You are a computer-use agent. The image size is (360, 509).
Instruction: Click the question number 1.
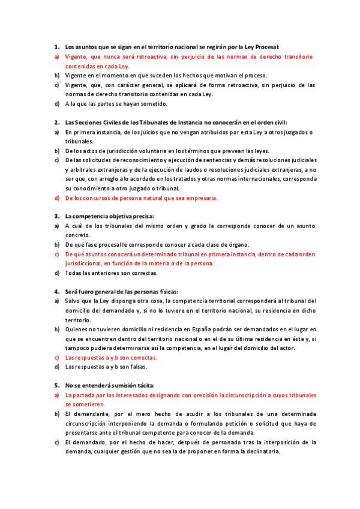coord(56,46)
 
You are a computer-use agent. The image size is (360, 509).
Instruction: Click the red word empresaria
coord(197,198)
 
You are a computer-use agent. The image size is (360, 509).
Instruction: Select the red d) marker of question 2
coord(56,198)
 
